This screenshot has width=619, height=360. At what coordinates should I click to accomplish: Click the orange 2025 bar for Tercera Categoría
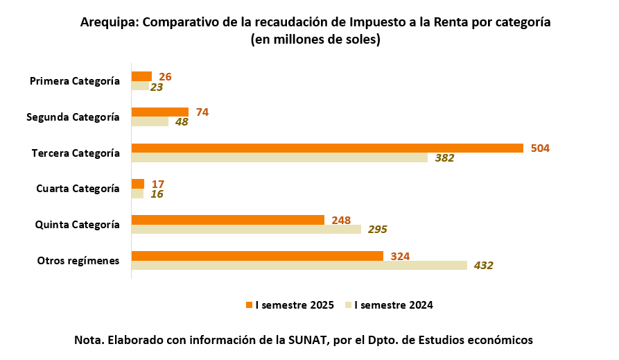(327, 148)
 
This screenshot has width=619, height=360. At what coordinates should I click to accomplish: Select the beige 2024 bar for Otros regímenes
(299, 265)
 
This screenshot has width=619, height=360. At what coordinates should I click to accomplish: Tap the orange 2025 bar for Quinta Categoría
(228, 220)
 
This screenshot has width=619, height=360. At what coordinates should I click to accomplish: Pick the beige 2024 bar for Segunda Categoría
(150, 121)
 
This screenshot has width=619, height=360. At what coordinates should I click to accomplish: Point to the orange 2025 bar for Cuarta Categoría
(138, 184)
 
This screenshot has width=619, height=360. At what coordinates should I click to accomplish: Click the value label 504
(540, 148)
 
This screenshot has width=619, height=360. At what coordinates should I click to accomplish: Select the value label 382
(444, 158)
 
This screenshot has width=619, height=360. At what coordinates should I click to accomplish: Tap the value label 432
(483, 266)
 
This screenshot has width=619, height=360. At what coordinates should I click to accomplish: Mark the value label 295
(377, 230)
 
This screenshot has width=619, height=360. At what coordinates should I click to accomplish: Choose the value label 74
(202, 112)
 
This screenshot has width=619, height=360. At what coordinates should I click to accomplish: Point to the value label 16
(157, 194)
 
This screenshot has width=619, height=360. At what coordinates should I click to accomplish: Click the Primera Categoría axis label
(75, 81)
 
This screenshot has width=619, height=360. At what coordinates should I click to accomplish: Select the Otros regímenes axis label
(78, 261)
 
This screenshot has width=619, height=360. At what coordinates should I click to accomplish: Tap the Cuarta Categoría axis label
(78, 189)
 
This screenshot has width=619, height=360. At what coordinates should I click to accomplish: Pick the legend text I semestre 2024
(394, 305)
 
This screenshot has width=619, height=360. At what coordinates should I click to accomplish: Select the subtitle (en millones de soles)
(315, 40)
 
